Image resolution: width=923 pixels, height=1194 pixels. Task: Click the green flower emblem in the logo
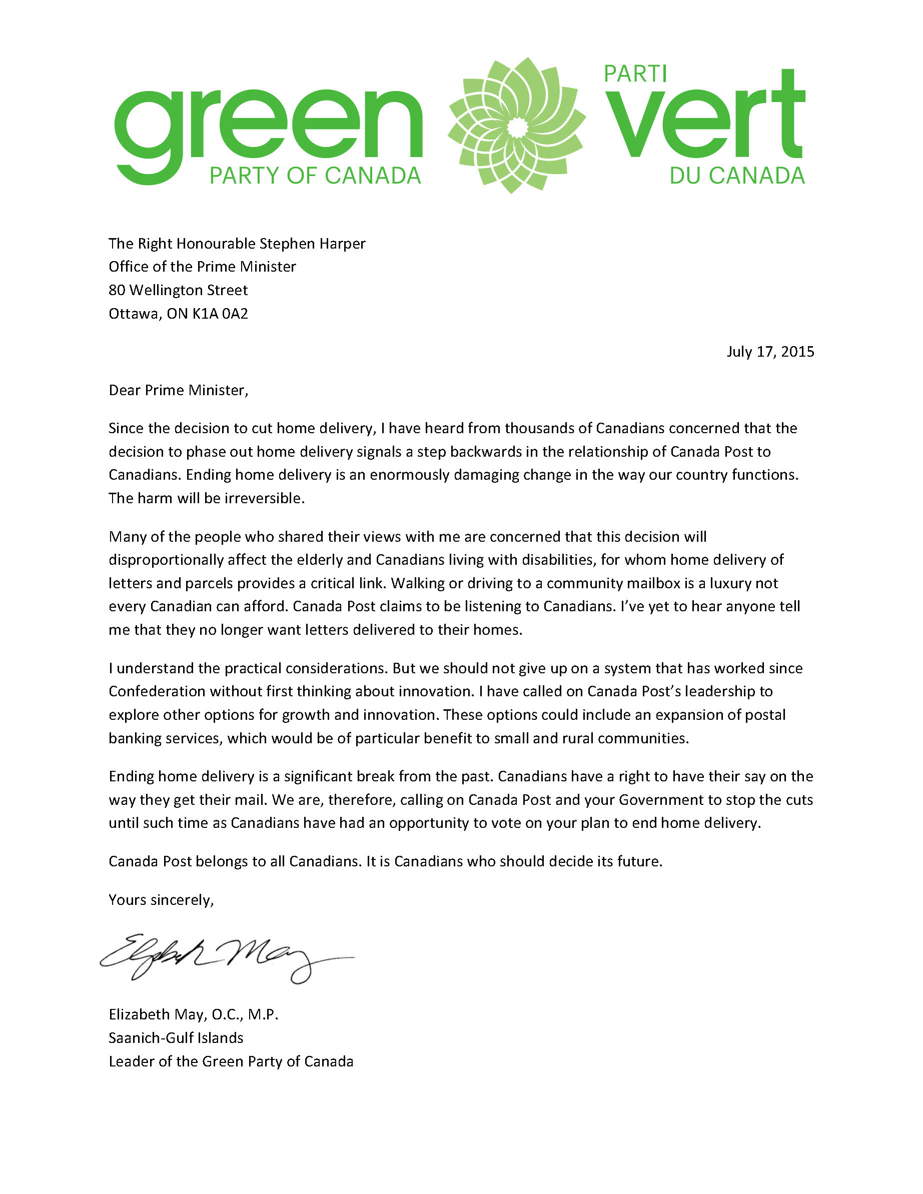pos(516,126)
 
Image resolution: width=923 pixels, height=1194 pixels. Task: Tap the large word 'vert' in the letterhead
pos(705,118)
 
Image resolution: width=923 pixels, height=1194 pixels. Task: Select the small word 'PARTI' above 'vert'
pos(635,74)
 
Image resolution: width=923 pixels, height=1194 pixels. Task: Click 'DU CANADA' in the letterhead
pos(736,176)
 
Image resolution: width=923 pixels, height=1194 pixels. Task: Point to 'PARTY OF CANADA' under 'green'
pos(315,176)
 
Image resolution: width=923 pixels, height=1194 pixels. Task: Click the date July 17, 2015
pos(770,352)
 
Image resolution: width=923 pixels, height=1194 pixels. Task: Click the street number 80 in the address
pos(117,290)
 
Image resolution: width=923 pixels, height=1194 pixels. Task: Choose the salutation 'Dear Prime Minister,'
pos(178,390)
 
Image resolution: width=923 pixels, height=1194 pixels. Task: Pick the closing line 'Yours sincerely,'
pos(161,900)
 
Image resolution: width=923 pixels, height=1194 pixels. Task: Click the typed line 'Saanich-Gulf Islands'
pos(176,1037)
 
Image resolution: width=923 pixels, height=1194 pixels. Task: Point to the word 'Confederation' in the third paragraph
pos(157,692)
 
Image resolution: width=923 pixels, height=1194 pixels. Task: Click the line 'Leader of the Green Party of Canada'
pos(231,1061)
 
